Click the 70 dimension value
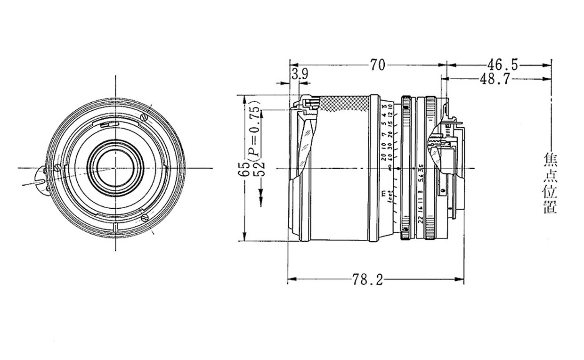pos(377,65)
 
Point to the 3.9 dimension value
pos(300,74)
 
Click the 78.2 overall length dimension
pos(368,280)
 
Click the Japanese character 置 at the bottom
pos(550,207)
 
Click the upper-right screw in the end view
pos(145,116)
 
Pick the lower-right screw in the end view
pos(145,218)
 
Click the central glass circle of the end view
pos(114,168)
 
